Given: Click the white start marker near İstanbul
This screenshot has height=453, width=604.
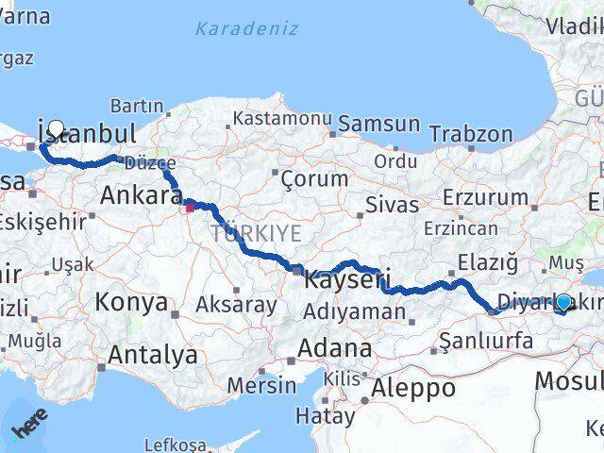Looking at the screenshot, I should click(x=56, y=128).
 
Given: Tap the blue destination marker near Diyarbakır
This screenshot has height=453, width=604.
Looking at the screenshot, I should click(x=563, y=302).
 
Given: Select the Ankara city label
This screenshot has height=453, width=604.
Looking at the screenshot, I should click(x=141, y=197).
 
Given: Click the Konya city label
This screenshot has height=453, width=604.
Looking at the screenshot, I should click(x=131, y=303).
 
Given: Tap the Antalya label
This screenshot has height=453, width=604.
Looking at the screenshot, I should click(x=153, y=355).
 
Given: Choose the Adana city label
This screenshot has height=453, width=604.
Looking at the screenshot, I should click(x=334, y=348).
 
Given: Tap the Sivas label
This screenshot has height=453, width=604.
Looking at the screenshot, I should click(x=392, y=204).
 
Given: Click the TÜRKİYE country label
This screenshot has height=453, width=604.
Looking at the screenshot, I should click(x=256, y=232).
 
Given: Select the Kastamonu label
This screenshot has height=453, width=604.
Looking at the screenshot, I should click(x=283, y=120).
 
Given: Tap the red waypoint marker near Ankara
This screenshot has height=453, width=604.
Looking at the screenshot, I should click(x=189, y=206).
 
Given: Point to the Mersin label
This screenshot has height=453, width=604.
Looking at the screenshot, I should click(x=261, y=384).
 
